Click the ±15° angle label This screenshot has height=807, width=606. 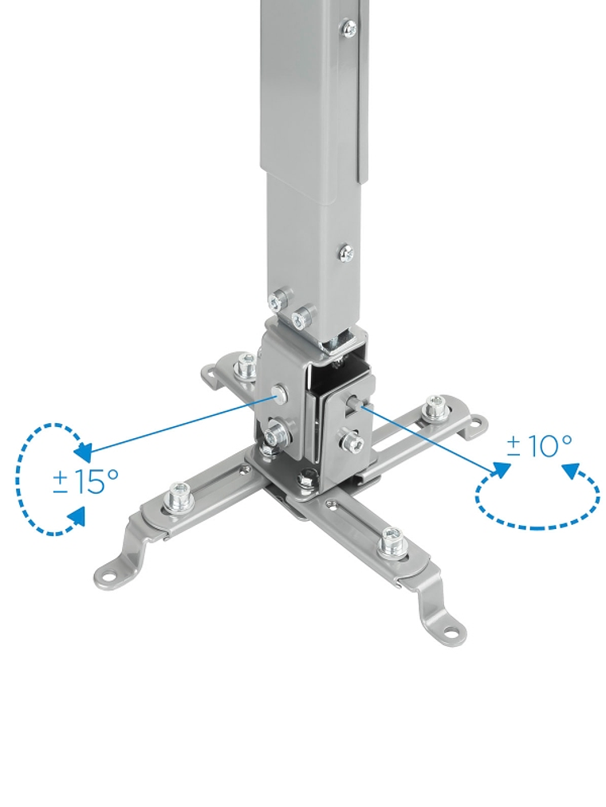pyautogui.click(x=85, y=481)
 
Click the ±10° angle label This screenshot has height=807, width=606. pyautogui.click(x=539, y=445)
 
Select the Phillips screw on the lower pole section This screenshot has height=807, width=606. pyautogui.click(x=346, y=253)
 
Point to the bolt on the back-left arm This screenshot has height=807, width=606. pyautogui.click(x=245, y=365)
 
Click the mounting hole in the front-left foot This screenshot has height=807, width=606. pyautogui.click(x=108, y=575)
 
